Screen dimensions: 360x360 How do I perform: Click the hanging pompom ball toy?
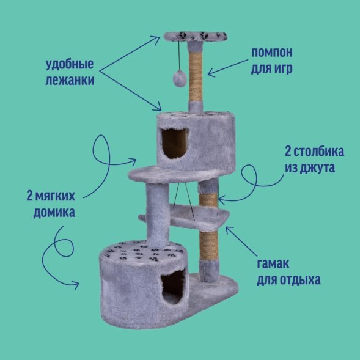pos(180,79)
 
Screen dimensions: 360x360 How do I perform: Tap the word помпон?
pos(272,53)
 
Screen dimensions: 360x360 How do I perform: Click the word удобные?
pos(70,65)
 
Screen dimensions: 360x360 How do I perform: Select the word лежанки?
pos(70,80)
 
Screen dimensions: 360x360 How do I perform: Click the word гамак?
pos(273,264)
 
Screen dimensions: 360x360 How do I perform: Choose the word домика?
pos(54,213)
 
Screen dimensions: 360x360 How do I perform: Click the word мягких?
pos(55,196)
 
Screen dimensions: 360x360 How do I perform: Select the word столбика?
pos(319,152)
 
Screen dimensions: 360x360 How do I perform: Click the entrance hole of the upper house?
pos(175,143)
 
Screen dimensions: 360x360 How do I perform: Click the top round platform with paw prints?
pos(196,37)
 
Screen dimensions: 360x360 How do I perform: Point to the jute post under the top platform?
pos(196,78)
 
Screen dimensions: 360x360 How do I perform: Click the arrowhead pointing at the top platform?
pos(156,39)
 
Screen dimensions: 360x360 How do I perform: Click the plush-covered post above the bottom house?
pos(158,215)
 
